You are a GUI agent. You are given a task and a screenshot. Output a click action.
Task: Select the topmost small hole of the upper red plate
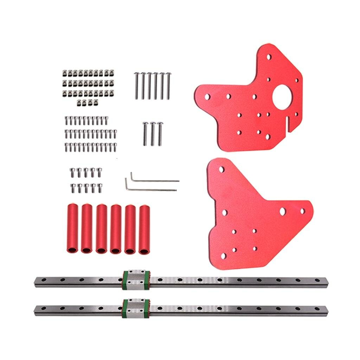click(269, 56)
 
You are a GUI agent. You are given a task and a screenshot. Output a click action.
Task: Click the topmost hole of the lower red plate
click(221, 169)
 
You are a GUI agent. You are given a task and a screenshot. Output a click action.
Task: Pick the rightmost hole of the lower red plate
click(302, 211)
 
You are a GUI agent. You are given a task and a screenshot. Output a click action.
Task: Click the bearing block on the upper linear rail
click(136, 281)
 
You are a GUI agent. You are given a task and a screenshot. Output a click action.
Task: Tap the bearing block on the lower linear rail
click(136, 309)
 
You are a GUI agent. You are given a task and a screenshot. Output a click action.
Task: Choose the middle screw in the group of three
click(153, 134)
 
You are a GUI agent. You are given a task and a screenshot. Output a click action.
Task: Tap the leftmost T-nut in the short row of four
click(80, 102)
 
